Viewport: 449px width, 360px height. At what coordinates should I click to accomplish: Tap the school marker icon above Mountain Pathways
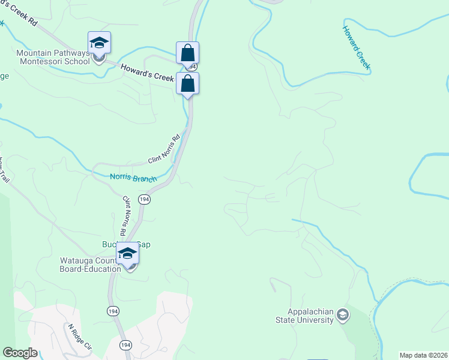click(99, 43)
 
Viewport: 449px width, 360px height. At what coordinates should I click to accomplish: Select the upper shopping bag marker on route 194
click(187, 53)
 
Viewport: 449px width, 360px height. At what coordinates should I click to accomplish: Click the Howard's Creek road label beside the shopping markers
click(146, 73)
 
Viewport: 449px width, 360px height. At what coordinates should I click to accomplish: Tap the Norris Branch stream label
click(133, 178)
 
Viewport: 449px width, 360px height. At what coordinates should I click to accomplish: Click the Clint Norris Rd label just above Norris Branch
click(164, 151)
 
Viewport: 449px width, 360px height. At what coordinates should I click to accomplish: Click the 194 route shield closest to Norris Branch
click(143, 199)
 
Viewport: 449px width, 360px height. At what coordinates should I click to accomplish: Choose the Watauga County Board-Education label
click(90, 265)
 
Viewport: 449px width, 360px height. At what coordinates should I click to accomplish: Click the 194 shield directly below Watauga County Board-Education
click(113, 310)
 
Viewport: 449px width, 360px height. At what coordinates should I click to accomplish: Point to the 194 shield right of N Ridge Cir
click(125, 345)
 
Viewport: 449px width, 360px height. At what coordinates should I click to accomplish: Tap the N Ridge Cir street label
click(79, 337)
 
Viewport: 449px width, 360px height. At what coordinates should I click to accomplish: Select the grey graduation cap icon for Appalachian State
click(342, 314)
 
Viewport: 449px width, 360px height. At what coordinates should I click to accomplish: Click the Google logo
click(19, 353)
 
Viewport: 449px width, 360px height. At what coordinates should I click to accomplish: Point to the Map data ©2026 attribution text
click(423, 355)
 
